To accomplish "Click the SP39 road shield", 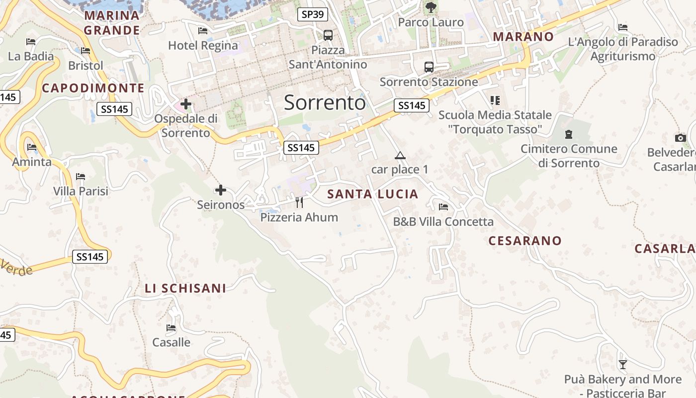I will click(313, 14).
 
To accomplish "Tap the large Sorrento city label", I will click(325, 102).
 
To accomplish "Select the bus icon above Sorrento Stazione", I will click(429, 67).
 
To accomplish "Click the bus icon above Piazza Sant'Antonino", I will click(328, 35).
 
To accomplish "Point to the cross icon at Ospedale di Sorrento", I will click(186, 104).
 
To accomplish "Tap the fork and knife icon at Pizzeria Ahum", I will click(299, 202).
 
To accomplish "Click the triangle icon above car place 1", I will click(400, 156).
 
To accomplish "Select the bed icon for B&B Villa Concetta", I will click(443, 207).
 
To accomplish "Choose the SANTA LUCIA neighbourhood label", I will click(373, 194).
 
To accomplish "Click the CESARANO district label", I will click(525, 241).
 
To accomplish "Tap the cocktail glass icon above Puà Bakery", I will click(622, 365).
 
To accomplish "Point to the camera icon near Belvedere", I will click(681, 138).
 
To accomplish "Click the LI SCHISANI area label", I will click(185, 288).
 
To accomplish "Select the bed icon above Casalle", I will click(171, 328).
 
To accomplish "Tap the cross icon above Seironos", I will click(221, 190).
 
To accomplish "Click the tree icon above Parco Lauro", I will click(431, 7).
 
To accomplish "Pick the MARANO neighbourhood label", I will click(523, 36).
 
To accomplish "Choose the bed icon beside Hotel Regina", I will click(203, 31).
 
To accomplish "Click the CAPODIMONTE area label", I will click(93, 88).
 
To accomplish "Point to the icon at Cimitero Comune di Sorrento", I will click(568, 134).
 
